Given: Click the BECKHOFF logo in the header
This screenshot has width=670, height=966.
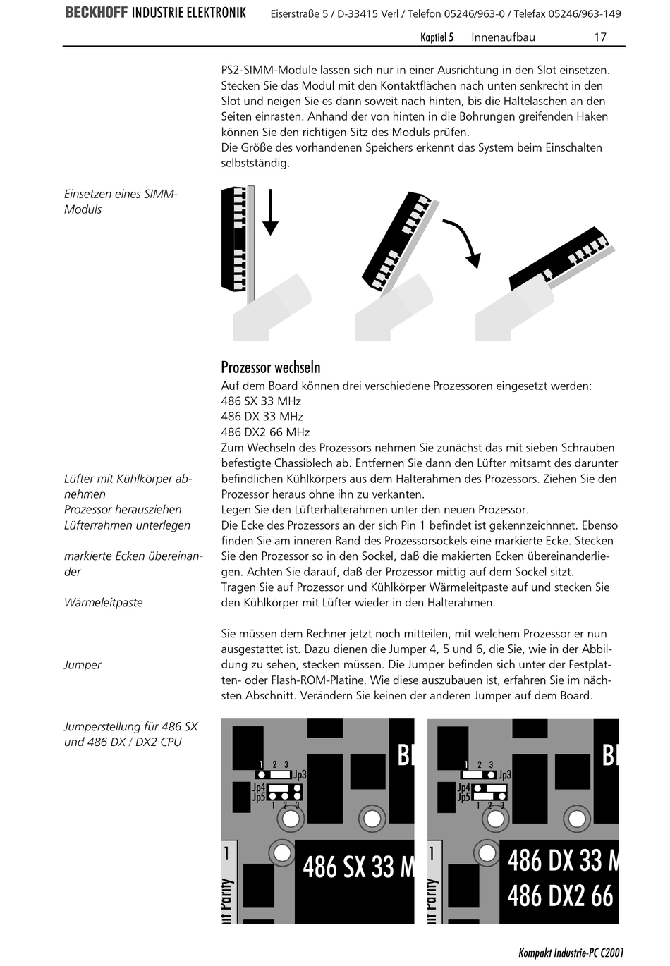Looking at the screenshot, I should click(97, 13).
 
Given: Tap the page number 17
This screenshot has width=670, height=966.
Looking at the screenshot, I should click(599, 37).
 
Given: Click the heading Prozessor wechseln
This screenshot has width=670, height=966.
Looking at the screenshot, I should click(271, 367).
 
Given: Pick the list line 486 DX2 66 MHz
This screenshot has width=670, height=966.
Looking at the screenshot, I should click(265, 432).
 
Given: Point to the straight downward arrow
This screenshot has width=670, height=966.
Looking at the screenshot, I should click(270, 212).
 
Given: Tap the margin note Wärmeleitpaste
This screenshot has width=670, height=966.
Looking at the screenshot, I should click(104, 603).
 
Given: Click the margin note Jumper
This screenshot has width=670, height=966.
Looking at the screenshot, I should click(83, 665).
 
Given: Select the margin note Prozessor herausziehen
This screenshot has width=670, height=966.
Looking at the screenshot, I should click(123, 510).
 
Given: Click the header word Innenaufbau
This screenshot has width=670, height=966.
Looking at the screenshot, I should click(503, 37).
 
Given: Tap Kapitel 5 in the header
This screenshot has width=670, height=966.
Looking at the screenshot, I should click(437, 37).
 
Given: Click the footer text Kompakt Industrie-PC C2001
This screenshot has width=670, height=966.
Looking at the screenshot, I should click(571, 953).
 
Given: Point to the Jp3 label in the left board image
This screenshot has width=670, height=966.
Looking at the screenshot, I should click(300, 774).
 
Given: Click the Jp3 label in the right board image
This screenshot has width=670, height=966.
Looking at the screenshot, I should click(505, 774).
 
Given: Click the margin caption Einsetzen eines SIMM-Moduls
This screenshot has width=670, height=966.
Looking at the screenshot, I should click(121, 202).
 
